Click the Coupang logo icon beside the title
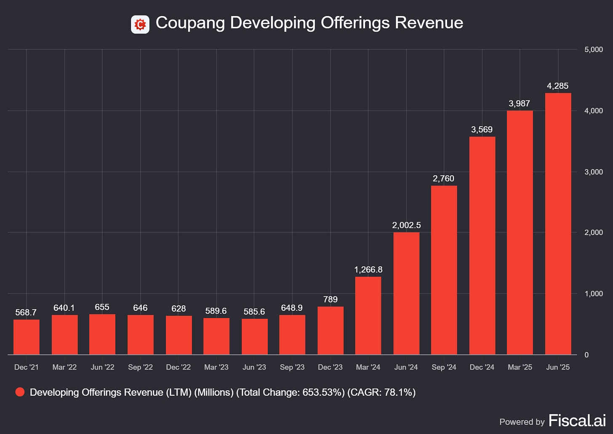pyautogui.click(x=140, y=24)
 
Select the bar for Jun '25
pyautogui.click(x=558, y=224)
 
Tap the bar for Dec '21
pyautogui.click(x=27, y=337)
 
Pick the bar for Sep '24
pyautogui.click(x=444, y=270)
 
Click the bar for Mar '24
pyautogui.click(x=368, y=315)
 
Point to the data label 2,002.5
pyautogui.click(x=406, y=225)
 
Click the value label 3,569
pyautogui.click(x=482, y=130)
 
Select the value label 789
pyautogui.click(x=330, y=299)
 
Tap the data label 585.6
pyautogui.click(x=254, y=312)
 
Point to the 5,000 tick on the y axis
pyautogui.click(x=594, y=50)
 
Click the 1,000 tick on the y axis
pyautogui.click(x=594, y=294)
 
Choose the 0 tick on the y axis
pyautogui.click(x=586, y=355)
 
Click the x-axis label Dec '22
pyautogui.click(x=179, y=367)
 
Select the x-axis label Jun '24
pyautogui.click(x=406, y=367)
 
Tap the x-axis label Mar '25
pyautogui.click(x=520, y=367)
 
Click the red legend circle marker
pyautogui.click(x=20, y=392)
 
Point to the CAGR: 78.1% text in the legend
pyautogui.click(x=381, y=392)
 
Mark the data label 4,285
pyautogui.click(x=558, y=86)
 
